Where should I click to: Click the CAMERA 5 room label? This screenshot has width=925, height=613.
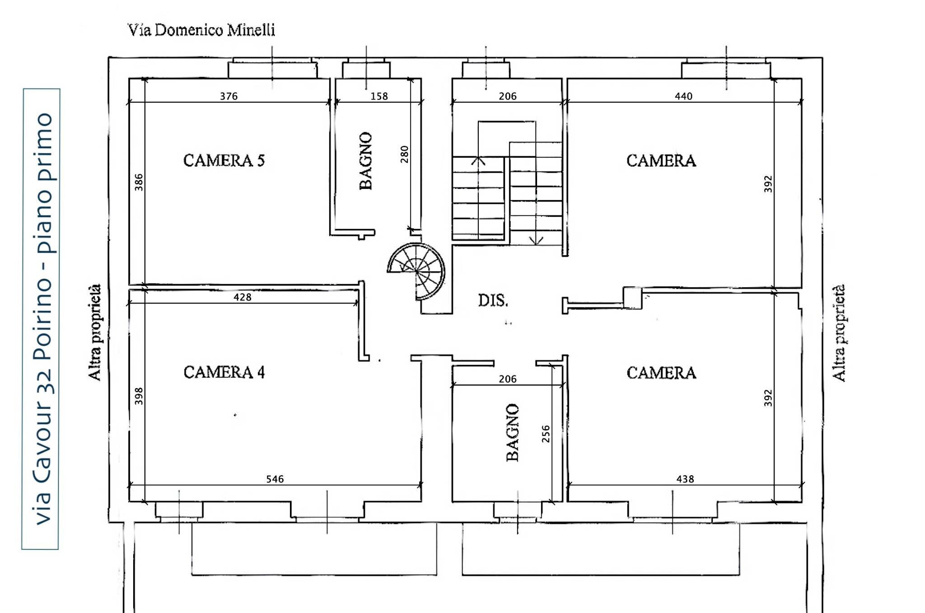click(x=224, y=160)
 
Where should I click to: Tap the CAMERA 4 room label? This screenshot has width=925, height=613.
click(x=224, y=372)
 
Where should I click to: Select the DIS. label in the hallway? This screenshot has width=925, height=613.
click(x=493, y=300)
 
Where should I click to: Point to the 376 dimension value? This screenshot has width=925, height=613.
click(x=229, y=96)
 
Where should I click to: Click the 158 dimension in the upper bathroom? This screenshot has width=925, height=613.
click(x=379, y=96)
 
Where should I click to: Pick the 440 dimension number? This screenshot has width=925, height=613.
click(x=683, y=96)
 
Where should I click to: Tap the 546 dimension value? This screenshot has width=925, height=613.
click(x=275, y=479)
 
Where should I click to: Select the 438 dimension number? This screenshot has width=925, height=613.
click(x=685, y=479)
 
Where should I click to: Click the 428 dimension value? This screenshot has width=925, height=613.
click(x=242, y=297)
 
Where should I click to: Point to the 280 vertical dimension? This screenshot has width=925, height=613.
click(x=404, y=154)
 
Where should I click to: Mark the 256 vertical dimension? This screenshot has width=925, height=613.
click(x=546, y=434)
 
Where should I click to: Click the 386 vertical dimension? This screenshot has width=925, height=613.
click(x=139, y=182)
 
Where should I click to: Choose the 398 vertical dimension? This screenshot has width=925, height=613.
click(x=139, y=396)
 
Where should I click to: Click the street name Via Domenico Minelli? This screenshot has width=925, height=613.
click(x=201, y=30)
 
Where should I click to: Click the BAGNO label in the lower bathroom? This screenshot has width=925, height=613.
click(x=513, y=432)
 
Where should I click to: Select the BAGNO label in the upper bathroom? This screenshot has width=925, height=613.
click(x=366, y=161)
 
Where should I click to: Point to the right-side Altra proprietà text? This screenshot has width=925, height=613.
click(x=839, y=333)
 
